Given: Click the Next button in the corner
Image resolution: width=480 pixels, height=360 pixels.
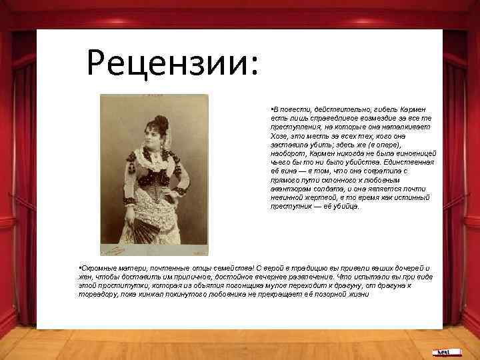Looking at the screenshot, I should pos(442,351).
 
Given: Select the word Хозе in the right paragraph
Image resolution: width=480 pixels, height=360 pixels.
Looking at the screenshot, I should pos(279,135).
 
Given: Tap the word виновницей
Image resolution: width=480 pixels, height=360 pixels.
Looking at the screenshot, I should pos(413,153).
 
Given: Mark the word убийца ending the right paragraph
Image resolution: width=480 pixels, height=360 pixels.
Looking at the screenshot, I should pos(345,207).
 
